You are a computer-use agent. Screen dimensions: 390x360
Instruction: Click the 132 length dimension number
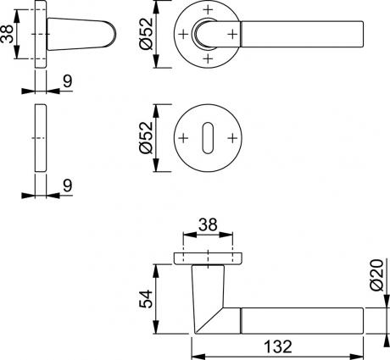click(278, 346)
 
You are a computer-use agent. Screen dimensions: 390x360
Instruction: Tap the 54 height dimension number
click(146, 299)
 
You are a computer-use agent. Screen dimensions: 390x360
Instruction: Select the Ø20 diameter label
click(377, 275)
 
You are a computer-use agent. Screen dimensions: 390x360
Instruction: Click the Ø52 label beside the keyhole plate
click(146, 138)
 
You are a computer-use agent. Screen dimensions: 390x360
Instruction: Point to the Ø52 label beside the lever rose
click(146, 34)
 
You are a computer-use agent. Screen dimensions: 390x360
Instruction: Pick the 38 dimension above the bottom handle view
click(208, 225)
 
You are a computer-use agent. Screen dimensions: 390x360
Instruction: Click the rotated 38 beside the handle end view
click(7, 34)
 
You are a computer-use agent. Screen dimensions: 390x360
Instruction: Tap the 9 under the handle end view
click(68, 81)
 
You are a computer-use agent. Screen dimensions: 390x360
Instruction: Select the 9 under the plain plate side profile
click(68, 186)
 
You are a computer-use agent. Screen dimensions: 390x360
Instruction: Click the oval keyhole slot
click(208, 138)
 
